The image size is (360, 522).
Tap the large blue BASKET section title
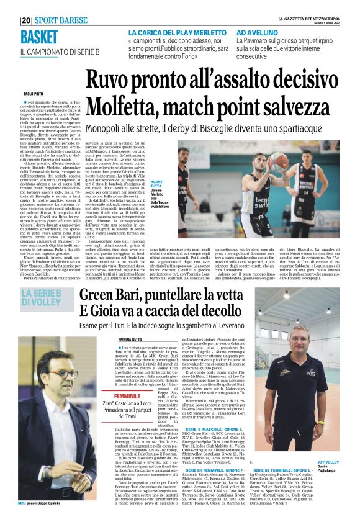pos(38,37)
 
